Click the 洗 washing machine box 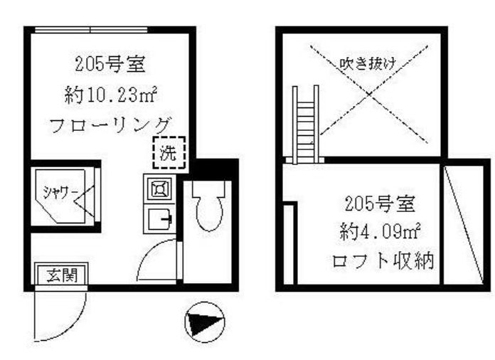pyautogui.click(x=170, y=152)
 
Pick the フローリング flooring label pyautogui.click(x=111, y=125)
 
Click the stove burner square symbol pyautogui.click(x=157, y=189)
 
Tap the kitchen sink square pyautogui.click(x=157, y=218)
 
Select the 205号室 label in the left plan pyautogui.click(x=111, y=65)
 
